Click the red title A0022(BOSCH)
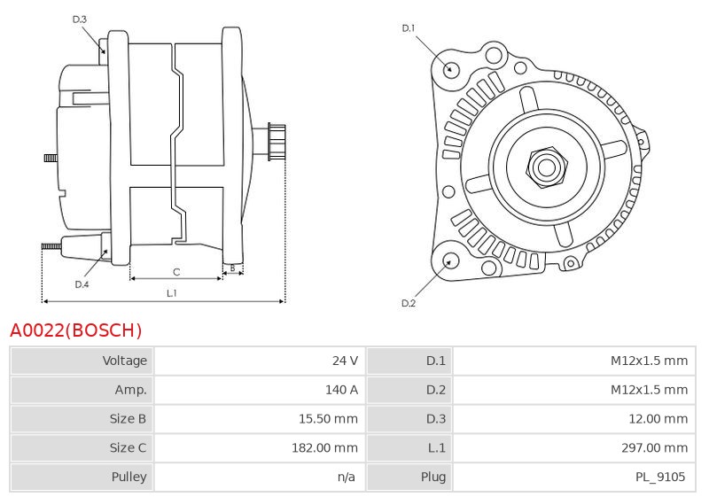[76, 330]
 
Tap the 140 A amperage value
[341, 390]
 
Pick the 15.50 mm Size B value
[328, 419]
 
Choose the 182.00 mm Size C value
[324, 447]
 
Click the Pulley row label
[129, 478]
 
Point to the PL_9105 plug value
[660, 478]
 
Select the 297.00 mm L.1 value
[654, 447]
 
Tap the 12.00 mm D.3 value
[658, 419]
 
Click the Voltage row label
[124, 361]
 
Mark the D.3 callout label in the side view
[79, 19]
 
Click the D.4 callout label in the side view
[82, 284]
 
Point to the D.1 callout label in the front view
[409, 28]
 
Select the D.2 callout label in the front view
[409, 303]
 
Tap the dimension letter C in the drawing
[176, 272]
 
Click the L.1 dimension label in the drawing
[172, 293]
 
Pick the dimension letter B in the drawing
[232, 268]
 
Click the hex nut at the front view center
[546, 167]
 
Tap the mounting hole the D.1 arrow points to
[449, 69]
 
